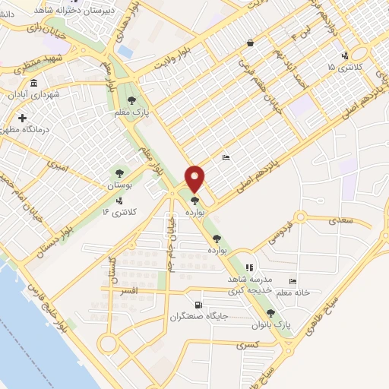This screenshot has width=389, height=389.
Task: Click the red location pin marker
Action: click(x=194, y=178)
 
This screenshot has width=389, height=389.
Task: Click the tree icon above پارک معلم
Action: click(x=133, y=100)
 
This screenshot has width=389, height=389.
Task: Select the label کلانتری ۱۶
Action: click(x=119, y=210)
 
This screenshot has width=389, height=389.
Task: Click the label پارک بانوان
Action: click(x=272, y=324)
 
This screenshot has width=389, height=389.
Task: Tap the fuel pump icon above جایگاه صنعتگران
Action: click(x=199, y=304)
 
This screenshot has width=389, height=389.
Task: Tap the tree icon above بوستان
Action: click(x=118, y=172)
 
